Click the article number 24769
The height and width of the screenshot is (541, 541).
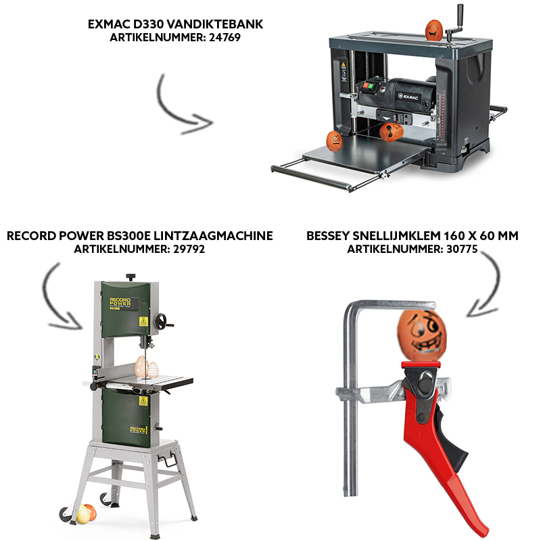(x=225, y=37)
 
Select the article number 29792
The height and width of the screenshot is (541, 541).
(x=189, y=249)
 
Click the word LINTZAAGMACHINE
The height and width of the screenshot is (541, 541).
(x=213, y=235)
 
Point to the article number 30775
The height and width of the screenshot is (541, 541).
(x=462, y=249)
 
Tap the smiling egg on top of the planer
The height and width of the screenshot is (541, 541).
(x=434, y=30)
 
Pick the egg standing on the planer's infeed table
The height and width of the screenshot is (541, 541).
(x=334, y=141)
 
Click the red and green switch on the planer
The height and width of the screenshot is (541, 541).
(x=368, y=85)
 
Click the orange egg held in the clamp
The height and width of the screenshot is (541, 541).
(x=421, y=335)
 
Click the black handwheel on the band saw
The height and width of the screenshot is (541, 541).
(x=162, y=322)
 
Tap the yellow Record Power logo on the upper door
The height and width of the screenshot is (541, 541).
(x=120, y=302)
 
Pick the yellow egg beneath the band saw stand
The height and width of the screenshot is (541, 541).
(x=83, y=514)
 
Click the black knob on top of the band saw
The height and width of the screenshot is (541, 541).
(x=131, y=277)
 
